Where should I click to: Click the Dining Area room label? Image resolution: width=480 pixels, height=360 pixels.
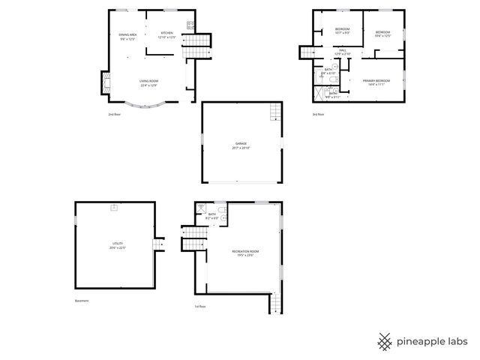pyautogui.click(x=127, y=34)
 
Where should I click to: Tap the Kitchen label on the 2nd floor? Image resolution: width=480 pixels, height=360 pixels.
pyautogui.click(x=166, y=33)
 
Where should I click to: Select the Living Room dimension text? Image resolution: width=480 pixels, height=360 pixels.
pyautogui.click(x=148, y=85)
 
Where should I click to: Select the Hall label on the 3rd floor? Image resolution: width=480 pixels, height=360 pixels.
pyautogui.click(x=342, y=50)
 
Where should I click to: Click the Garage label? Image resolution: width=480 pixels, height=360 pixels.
pyautogui.click(x=241, y=143)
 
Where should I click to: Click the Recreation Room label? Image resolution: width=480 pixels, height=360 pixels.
pyautogui.click(x=244, y=251)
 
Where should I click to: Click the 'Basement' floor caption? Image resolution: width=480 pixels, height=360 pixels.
pyautogui.click(x=81, y=301)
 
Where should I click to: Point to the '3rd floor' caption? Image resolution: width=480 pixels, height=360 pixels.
pyautogui.click(x=319, y=114)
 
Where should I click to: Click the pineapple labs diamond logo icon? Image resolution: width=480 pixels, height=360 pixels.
pyautogui.click(x=384, y=340)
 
